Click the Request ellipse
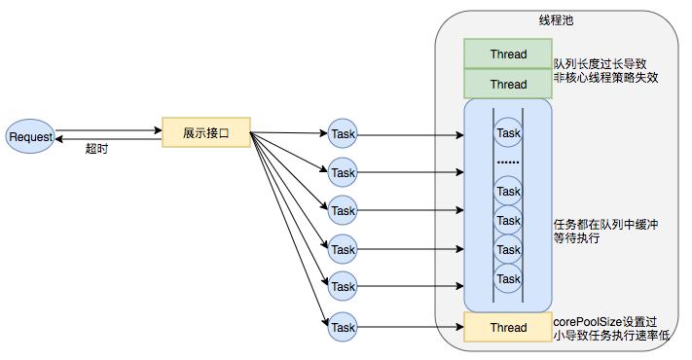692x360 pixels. point(30,136)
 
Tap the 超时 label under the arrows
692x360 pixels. point(97,149)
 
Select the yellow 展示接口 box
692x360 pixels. point(205,132)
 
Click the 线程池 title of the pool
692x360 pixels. point(556,20)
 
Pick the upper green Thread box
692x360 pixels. point(508,54)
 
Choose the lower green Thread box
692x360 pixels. point(508,84)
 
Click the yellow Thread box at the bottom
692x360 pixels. point(508,327)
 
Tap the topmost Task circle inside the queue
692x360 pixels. point(509,132)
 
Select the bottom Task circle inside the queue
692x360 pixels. point(509,279)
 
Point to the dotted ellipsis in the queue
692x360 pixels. point(509,160)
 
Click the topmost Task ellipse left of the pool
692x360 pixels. point(344,133)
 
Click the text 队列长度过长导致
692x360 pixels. point(601,62)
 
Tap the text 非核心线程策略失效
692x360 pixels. point(606,78)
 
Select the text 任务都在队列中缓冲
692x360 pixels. point(606,224)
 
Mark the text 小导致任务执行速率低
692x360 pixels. point(612,336)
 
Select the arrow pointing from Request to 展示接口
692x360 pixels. point(107,129)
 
